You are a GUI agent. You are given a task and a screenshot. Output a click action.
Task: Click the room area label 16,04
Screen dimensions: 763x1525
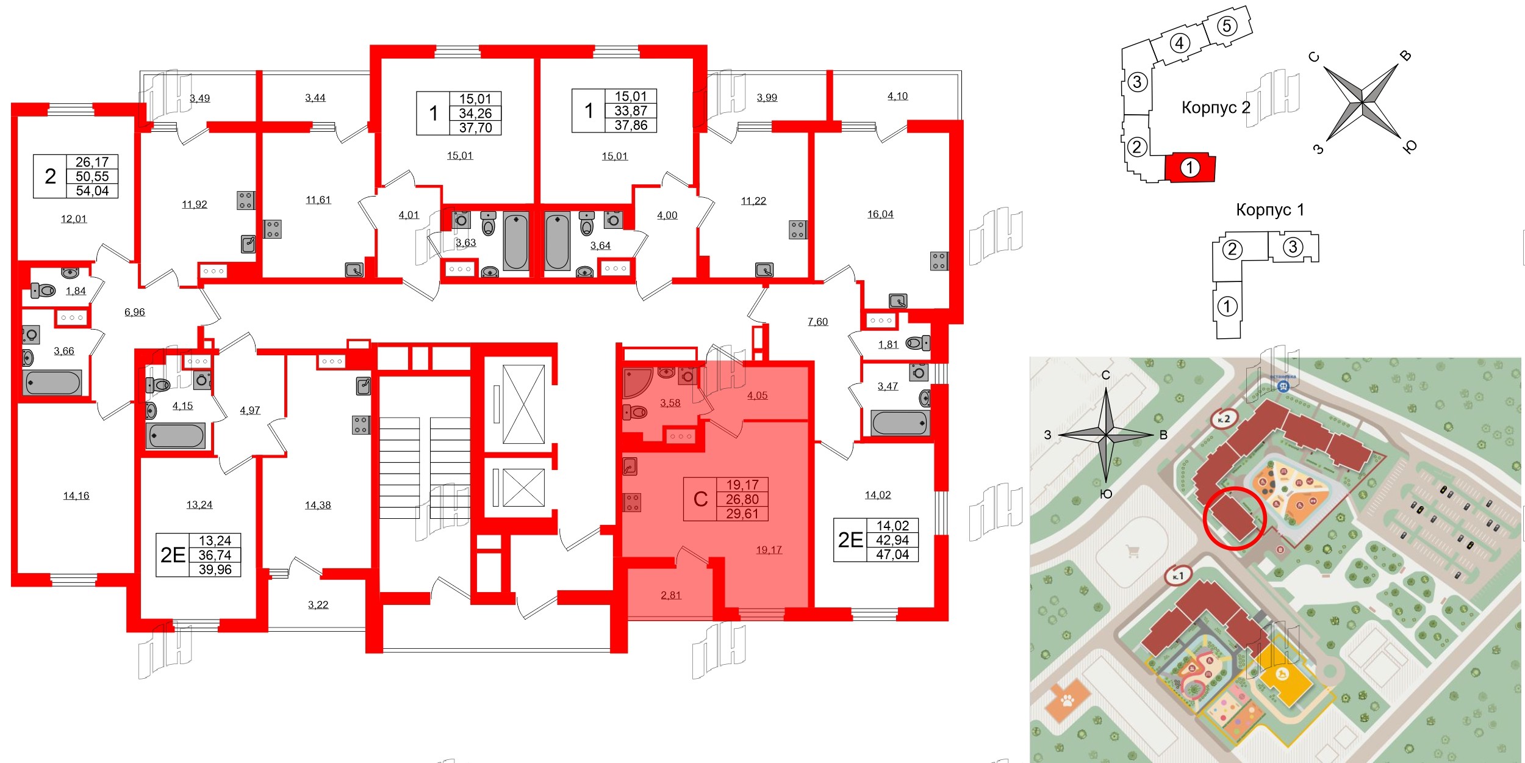click(x=880, y=214)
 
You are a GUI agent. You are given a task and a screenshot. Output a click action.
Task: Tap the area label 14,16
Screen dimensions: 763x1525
click(x=76, y=496)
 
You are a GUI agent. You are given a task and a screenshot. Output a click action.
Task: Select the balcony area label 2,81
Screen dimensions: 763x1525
click(x=671, y=595)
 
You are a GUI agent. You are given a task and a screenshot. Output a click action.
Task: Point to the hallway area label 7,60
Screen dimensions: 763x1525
click(x=818, y=322)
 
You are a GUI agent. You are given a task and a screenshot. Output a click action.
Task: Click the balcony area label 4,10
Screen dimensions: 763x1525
click(x=897, y=96)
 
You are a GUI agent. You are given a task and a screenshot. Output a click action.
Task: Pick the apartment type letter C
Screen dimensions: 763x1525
click(x=700, y=499)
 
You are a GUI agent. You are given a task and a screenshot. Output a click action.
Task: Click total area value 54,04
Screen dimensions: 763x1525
click(x=92, y=191)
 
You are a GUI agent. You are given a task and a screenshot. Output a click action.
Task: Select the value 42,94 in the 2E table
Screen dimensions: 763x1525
click(x=892, y=540)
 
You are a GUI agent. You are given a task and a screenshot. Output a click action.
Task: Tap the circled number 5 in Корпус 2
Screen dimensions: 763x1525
click(x=1227, y=26)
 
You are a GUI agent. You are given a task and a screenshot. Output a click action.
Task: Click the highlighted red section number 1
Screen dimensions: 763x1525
click(x=1189, y=167)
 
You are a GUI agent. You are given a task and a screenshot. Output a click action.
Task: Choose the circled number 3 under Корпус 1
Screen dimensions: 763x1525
click(x=1293, y=247)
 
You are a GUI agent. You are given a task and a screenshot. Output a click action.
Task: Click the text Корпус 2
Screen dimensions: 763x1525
click(x=1216, y=107)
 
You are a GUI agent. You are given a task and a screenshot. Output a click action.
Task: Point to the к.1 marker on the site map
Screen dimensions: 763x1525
click(x=1177, y=576)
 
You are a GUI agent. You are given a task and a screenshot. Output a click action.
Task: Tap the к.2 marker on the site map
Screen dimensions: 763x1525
click(x=1224, y=419)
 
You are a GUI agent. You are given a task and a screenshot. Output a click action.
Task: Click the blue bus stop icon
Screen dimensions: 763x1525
click(x=1283, y=386)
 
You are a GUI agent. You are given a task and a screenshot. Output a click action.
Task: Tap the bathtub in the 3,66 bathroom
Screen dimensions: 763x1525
click(x=52, y=383)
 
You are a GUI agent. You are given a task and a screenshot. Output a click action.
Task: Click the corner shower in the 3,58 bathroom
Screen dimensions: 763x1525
click(x=636, y=382)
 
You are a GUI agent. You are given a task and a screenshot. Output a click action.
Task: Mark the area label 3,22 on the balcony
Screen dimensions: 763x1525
click(x=318, y=605)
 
